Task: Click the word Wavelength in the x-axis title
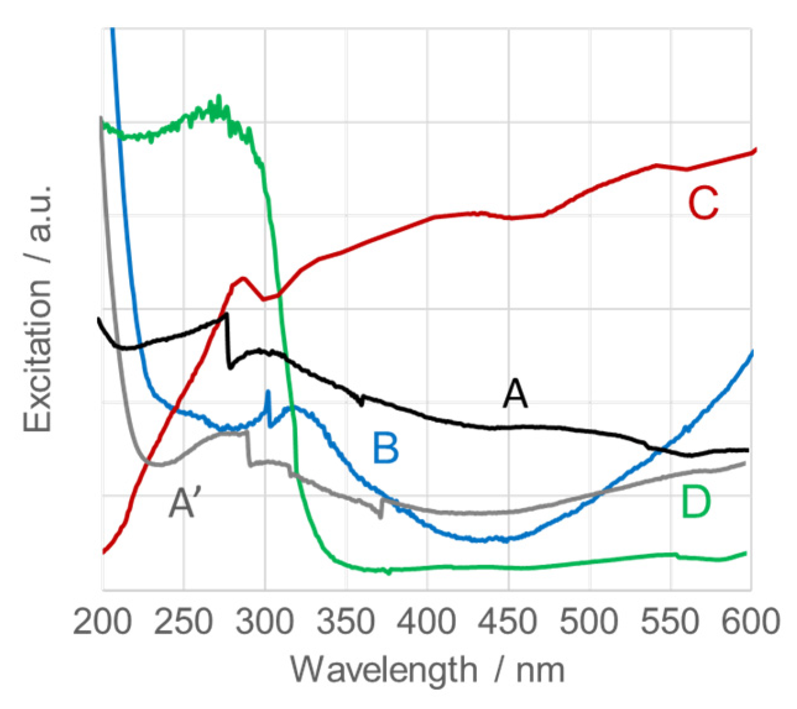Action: pos(383,669)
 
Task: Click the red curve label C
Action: pos(703,203)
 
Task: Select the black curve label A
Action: pos(515,394)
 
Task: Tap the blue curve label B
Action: pos(386,448)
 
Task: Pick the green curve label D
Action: pos(696,502)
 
